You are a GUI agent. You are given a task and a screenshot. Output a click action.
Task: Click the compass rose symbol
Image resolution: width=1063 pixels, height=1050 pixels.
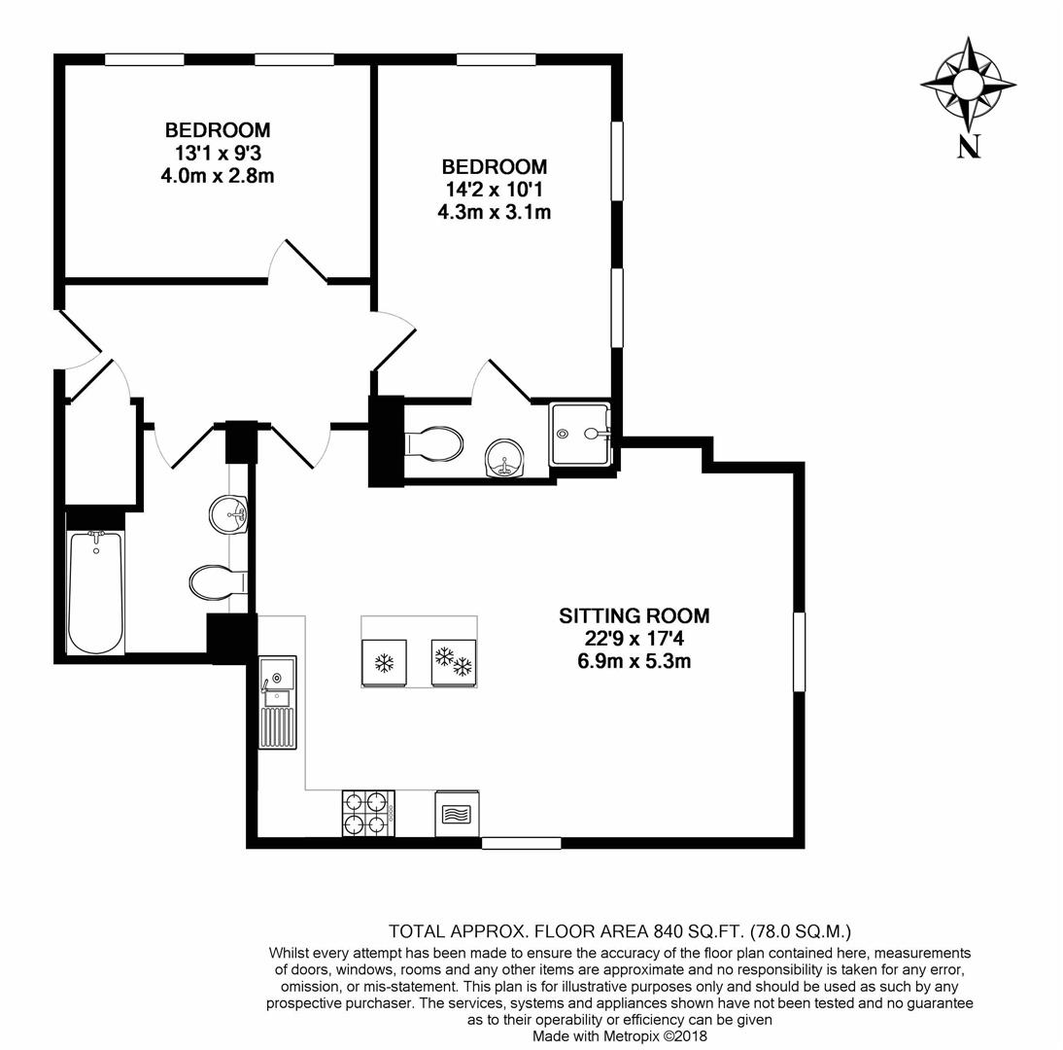(968, 84)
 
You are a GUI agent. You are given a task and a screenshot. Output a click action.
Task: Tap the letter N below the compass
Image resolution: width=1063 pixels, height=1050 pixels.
(969, 146)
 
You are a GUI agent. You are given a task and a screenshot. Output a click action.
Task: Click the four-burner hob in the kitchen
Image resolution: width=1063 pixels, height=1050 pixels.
(367, 813)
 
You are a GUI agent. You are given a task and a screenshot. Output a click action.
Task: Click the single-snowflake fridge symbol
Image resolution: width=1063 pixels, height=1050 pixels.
(383, 663)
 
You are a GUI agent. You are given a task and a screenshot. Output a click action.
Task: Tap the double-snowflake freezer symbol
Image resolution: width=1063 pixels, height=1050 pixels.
(453, 663)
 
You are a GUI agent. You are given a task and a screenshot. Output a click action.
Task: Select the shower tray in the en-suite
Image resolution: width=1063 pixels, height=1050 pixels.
(580, 434)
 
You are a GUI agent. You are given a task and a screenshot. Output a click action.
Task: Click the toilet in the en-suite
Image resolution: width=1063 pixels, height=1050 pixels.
(433, 443)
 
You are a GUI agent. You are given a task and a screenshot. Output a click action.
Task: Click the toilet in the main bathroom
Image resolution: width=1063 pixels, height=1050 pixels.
(217, 583)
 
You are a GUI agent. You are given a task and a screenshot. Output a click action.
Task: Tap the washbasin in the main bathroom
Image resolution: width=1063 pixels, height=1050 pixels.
(228, 513)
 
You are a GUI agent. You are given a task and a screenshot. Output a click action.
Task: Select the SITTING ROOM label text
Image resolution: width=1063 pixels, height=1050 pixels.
(634, 615)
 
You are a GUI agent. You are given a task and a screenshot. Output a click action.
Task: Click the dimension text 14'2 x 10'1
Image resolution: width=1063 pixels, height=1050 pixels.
(494, 189)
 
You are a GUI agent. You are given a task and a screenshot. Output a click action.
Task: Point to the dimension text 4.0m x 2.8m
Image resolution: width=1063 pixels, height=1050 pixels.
(218, 176)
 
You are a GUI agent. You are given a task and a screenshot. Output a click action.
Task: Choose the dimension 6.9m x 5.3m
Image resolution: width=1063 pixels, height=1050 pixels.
(634, 662)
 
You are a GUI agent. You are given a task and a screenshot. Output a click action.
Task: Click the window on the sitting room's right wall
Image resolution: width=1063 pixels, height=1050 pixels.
(799, 651)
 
